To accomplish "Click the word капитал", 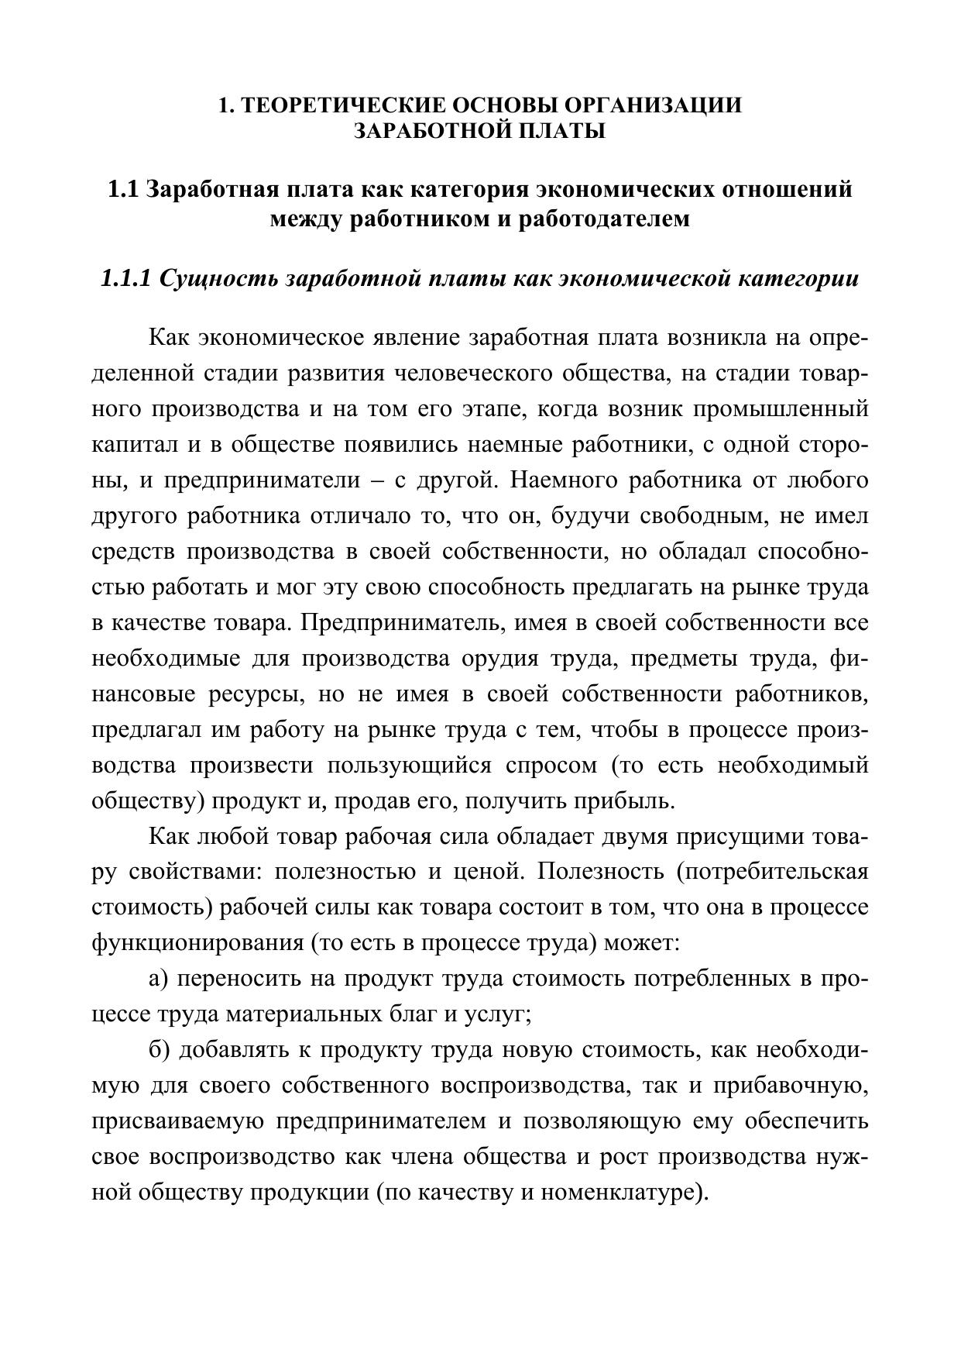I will click(x=128, y=444).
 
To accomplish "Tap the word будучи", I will click(x=570, y=515).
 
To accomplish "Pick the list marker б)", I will click(x=159, y=1050).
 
